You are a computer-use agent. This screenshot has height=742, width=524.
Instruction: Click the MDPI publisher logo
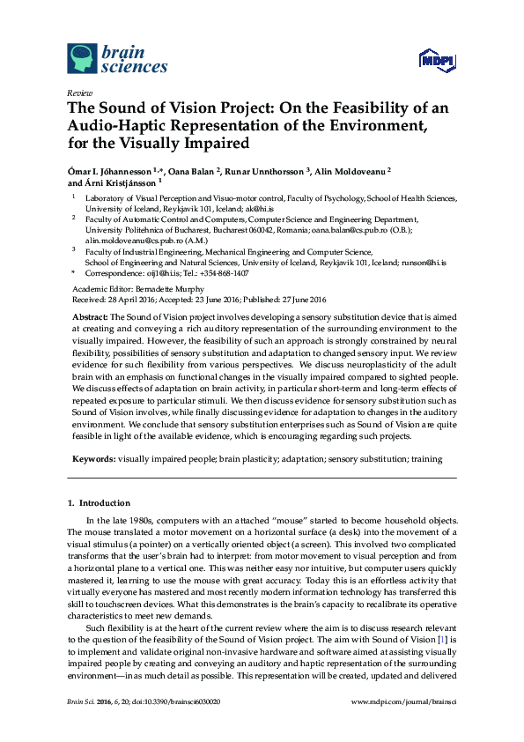coord(434,61)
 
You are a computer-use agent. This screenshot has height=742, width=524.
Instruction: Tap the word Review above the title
coord(78,93)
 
